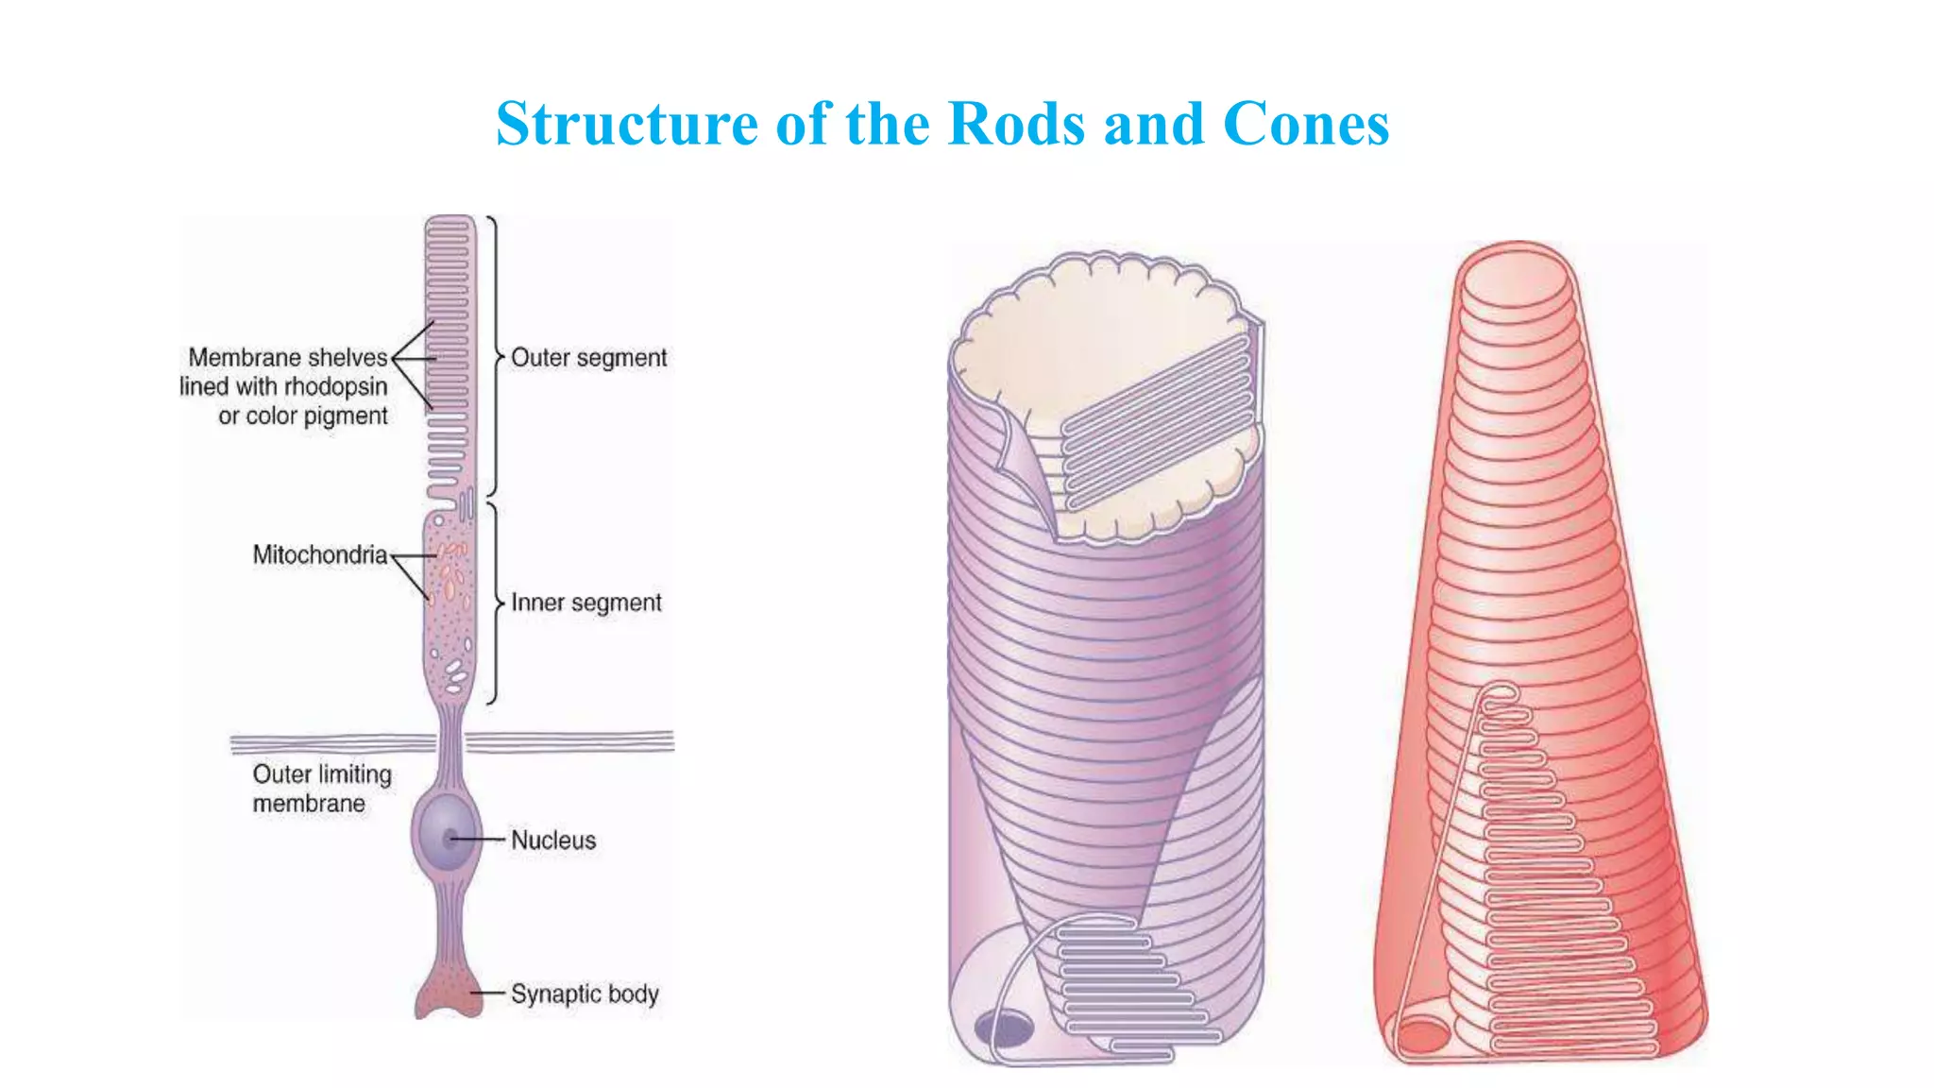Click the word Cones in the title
[1306, 124]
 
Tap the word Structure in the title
[626, 124]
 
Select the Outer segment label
[588, 358]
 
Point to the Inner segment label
[585, 603]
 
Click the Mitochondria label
[319, 554]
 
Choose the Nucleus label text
[553, 841]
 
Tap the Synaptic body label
[585, 994]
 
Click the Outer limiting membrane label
[321, 789]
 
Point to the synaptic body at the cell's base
[449, 992]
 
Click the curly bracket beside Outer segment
[493, 357]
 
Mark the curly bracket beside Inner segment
[493, 603]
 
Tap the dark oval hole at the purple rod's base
[1004, 1028]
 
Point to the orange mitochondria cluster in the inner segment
[451, 571]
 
